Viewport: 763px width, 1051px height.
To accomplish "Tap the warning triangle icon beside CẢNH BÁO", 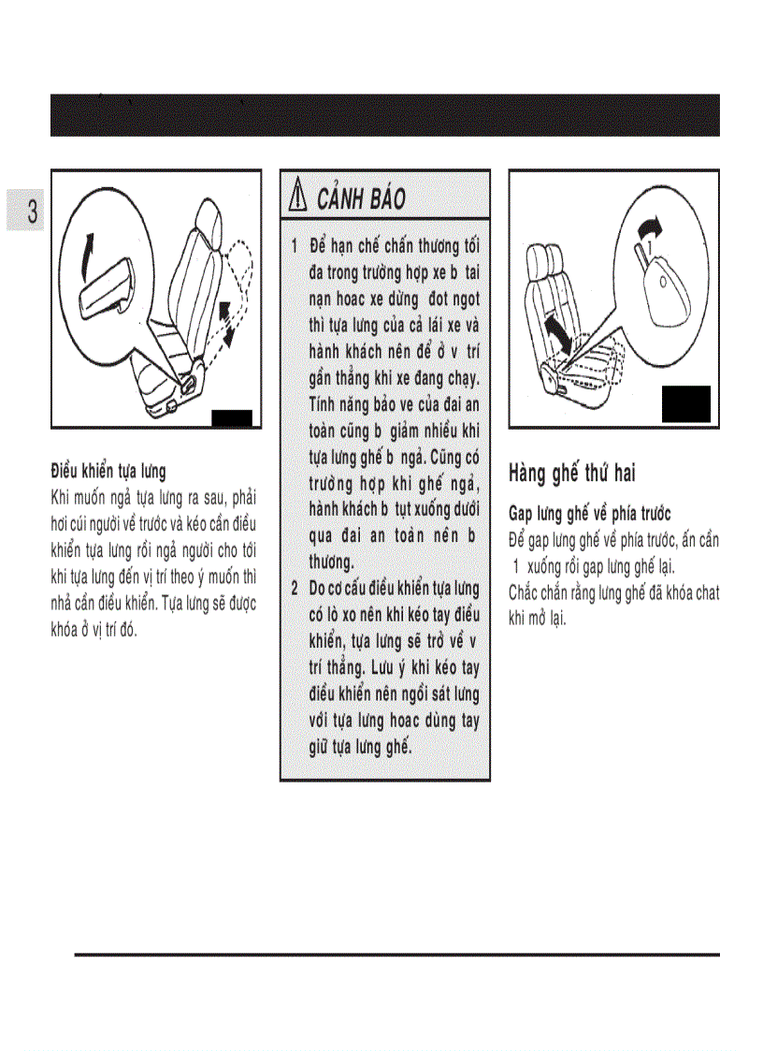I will [x=300, y=199].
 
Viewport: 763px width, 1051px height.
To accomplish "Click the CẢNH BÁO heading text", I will [x=361, y=199].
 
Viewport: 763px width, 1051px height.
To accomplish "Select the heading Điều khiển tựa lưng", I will [x=108, y=472].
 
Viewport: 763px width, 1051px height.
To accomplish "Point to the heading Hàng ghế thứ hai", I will [x=571, y=473].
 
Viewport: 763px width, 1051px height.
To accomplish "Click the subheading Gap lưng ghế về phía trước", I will [x=589, y=515].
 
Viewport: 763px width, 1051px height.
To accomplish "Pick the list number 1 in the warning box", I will [x=294, y=246].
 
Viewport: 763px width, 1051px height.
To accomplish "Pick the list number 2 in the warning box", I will [x=294, y=589].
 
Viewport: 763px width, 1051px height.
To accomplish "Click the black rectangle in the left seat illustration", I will [x=232, y=418].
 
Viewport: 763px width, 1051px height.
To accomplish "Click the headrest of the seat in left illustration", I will [x=208, y=225].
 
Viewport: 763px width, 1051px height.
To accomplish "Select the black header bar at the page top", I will [x=384, y=115].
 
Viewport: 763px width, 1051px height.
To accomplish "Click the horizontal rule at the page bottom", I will [x=396, y=955].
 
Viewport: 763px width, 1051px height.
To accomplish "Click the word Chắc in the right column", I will [x=523, y=592].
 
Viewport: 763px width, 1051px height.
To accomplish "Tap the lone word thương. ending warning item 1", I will [x=331, y=562].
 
